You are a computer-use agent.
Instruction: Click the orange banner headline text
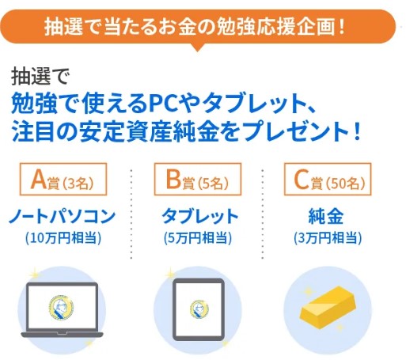(195, 26)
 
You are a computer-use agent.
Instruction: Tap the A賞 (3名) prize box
(63, 180)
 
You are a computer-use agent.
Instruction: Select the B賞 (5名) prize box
(198, 180)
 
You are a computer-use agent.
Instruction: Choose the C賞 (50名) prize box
(328, 180)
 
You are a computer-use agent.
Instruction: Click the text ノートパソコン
(63, 216)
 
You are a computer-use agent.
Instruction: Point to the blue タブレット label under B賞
(200, 216)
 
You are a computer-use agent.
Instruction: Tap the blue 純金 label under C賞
(326, 216)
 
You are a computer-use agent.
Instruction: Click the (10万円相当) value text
(63, 238)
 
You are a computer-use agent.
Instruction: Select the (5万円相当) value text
(198, 238)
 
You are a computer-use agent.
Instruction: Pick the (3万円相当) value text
(328, 238)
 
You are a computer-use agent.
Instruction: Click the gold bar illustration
(328, 308)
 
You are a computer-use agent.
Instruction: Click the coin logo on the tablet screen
(199, 309)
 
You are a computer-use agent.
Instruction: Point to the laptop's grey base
(63, 335)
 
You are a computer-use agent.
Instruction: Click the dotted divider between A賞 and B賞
(131, 214)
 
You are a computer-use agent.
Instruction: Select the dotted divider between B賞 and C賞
(263, 214)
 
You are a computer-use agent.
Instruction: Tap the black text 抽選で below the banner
(40, 77)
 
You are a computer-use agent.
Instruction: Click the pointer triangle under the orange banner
(197, 47)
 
